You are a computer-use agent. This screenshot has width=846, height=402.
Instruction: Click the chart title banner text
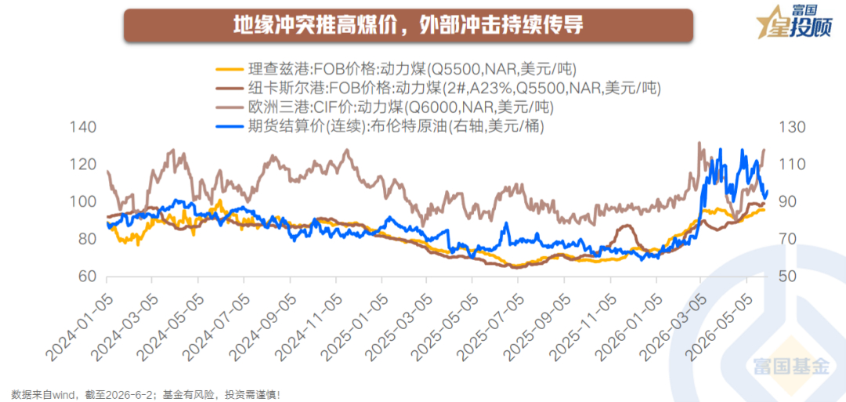[408, 25]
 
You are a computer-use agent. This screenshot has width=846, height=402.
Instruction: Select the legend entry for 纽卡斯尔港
[439, 88]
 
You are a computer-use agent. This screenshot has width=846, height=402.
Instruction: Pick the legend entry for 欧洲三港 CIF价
[385, 107]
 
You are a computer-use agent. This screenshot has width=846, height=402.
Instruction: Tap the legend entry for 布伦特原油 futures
[380, 125]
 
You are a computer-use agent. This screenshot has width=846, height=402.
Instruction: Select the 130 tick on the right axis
[790, 128]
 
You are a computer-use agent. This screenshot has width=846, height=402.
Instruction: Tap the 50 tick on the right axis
[785, 277]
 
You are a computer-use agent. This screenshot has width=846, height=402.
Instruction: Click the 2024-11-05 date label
[309, 317]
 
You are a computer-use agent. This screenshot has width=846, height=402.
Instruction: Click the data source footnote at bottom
[146, 395]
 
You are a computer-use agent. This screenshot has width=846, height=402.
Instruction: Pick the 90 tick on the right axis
[785, 202]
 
